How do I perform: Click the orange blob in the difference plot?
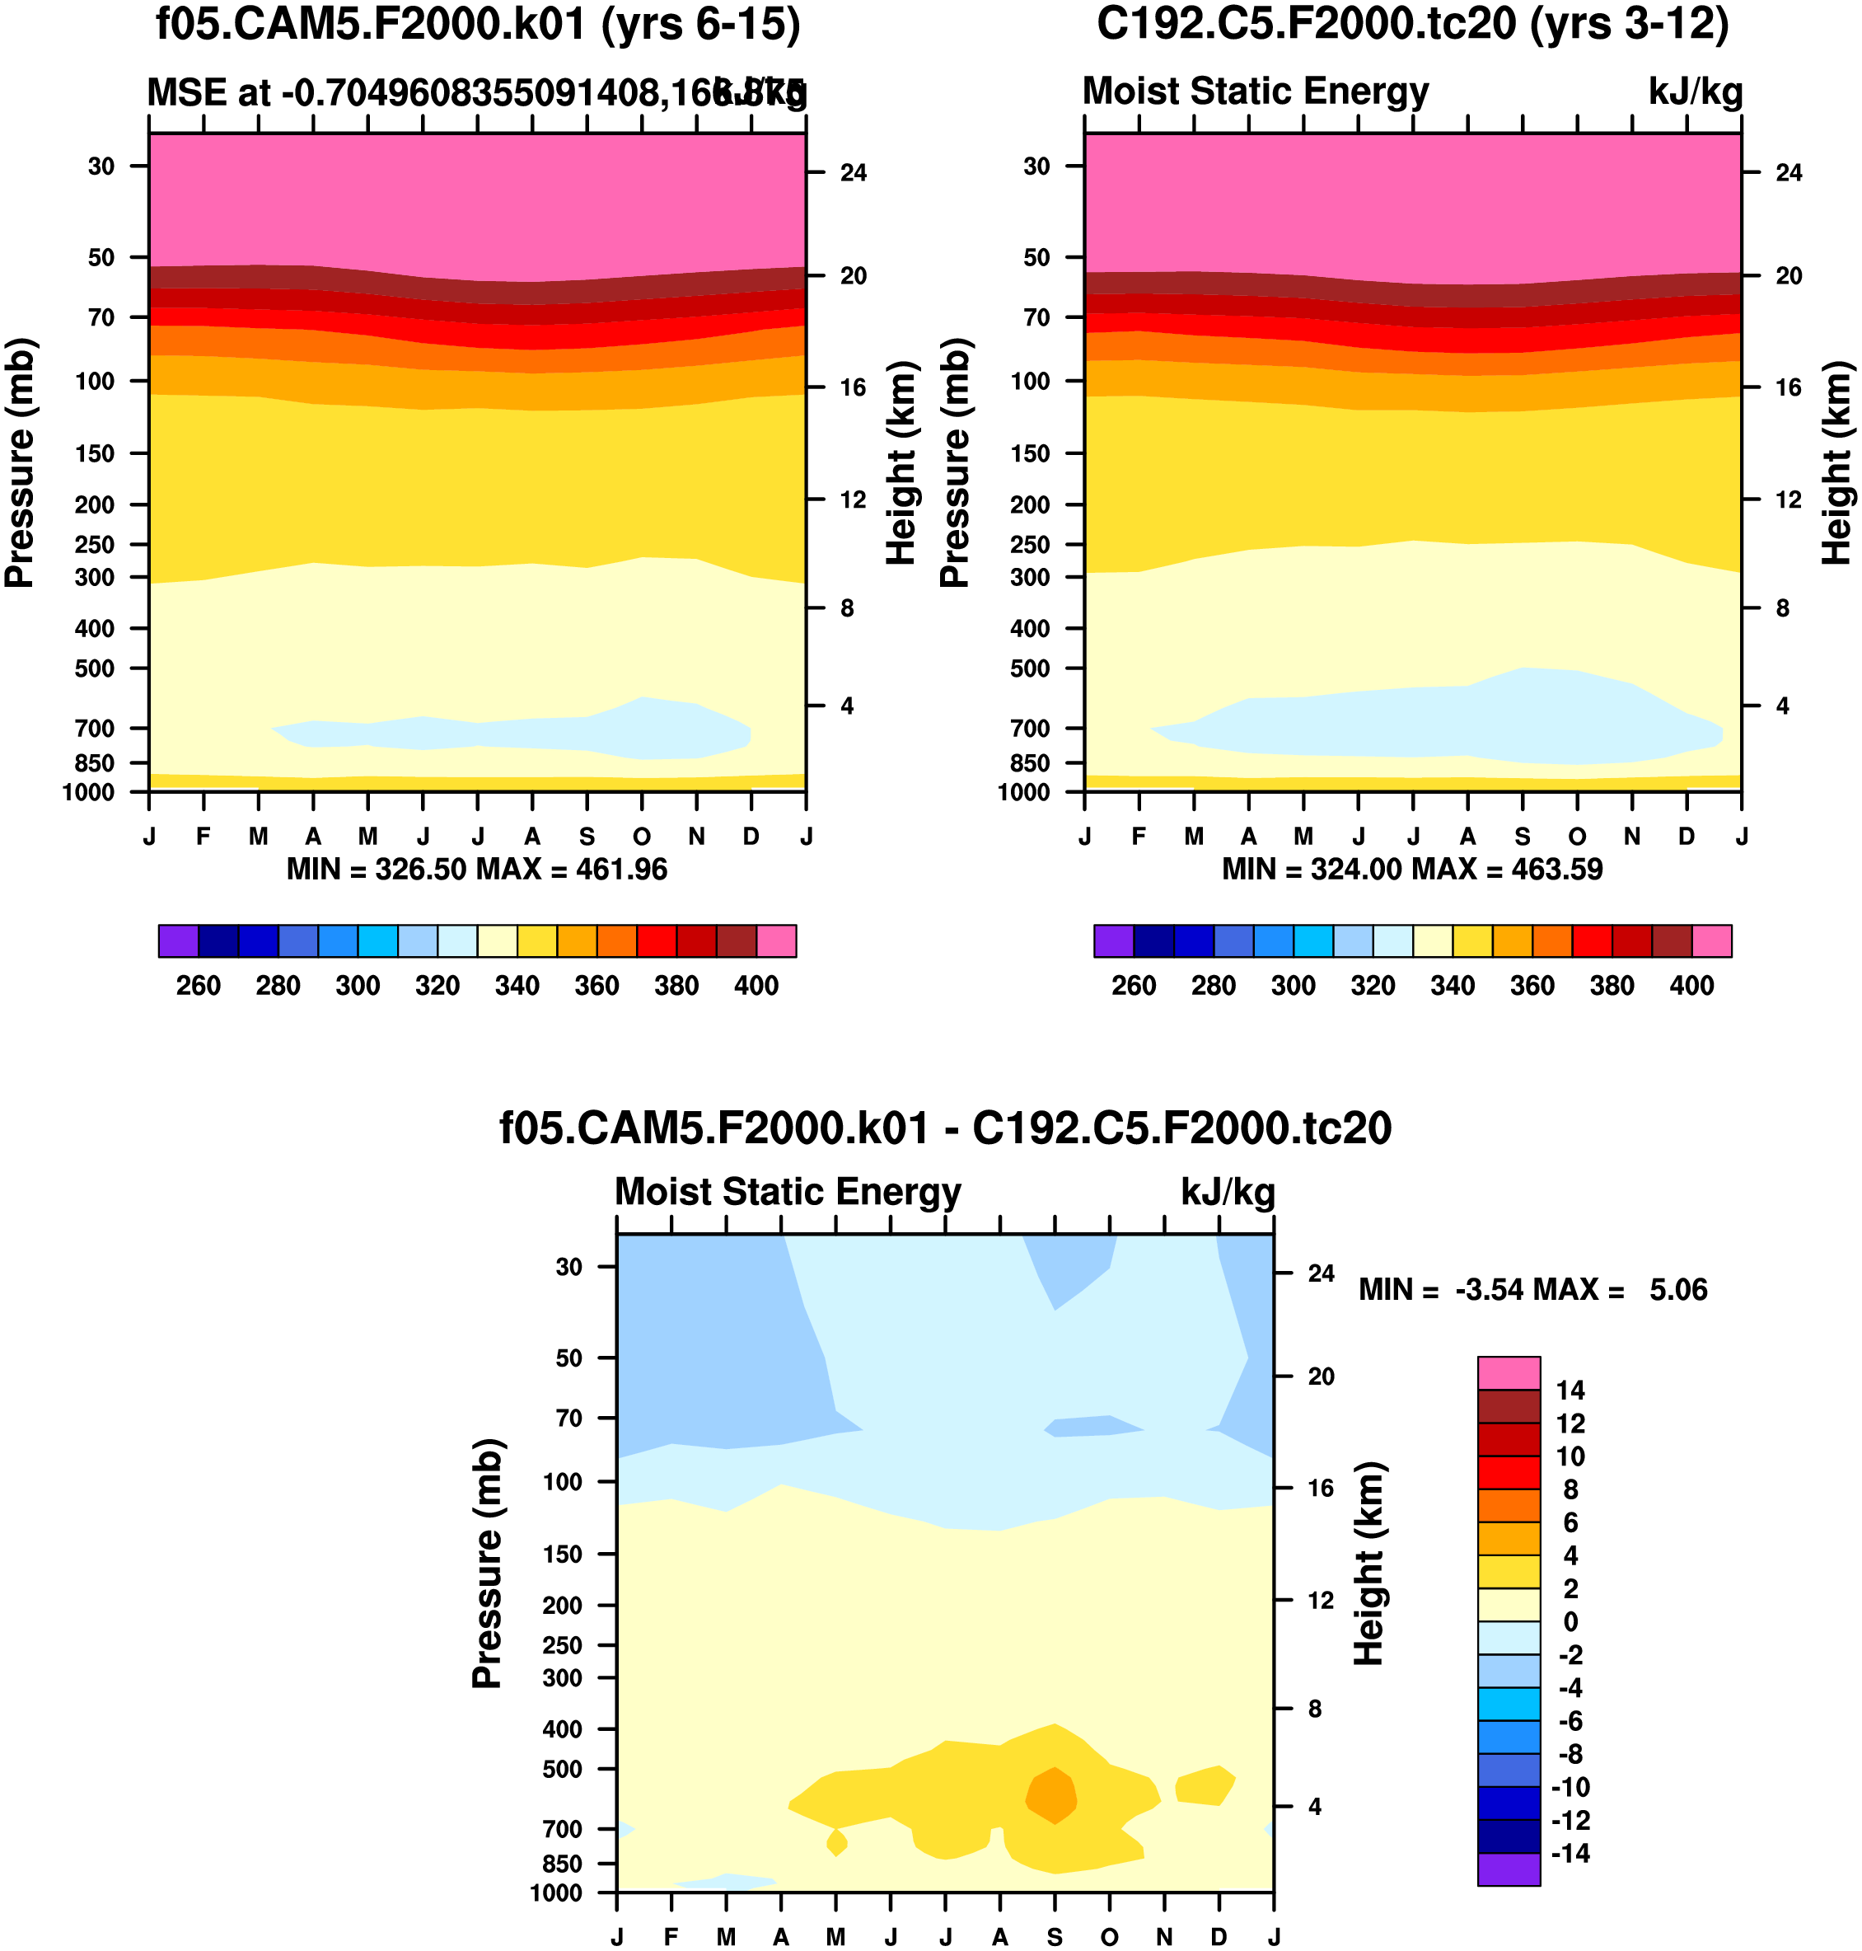coord(1051,1794)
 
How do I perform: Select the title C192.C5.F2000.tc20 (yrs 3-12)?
coord(1412,24)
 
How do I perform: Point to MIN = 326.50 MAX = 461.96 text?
coord(476,870)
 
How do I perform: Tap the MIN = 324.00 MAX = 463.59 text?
coord(1411,870)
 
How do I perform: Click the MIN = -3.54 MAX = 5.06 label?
coord(1532,1290)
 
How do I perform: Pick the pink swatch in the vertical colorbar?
coord(1509,1373)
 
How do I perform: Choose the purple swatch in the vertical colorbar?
coord(1509,1869)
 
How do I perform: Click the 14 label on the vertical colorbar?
coord(1570,1390)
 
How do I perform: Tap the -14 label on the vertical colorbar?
coord(1570,1853)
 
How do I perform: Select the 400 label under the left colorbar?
coord(756,986)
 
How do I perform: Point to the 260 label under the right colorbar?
coord(1134,986)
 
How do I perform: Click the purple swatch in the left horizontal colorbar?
coord(179,940)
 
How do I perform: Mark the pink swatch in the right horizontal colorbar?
coord(1711,940)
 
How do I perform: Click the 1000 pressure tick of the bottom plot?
coord(556,1892)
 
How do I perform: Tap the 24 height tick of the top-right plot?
coord(1789,173)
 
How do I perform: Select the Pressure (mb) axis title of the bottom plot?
coord(486,1563)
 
